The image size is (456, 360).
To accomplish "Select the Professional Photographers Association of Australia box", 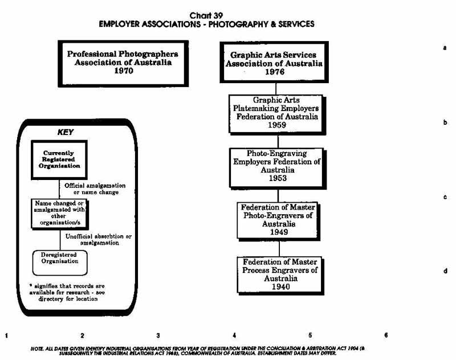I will click(123, 63).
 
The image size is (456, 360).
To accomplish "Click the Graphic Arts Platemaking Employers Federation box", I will click(276, 114).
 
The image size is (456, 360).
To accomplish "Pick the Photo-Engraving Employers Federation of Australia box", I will click(276, 167).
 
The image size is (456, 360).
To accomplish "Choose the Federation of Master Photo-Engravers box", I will click(276, 219).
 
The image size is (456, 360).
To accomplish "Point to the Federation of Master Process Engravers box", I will click(276, 275).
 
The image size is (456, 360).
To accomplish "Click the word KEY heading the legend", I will click(66, 132).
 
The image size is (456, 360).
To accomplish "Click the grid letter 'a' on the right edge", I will click(444, 48).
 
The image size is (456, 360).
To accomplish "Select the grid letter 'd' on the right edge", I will click(444, 271).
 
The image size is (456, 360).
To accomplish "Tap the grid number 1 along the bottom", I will click(7, 336).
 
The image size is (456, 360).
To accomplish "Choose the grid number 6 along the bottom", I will click(386, 336).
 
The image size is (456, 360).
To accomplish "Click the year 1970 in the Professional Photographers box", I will click(123, 72).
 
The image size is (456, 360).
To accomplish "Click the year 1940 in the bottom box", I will click(276, 287).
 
